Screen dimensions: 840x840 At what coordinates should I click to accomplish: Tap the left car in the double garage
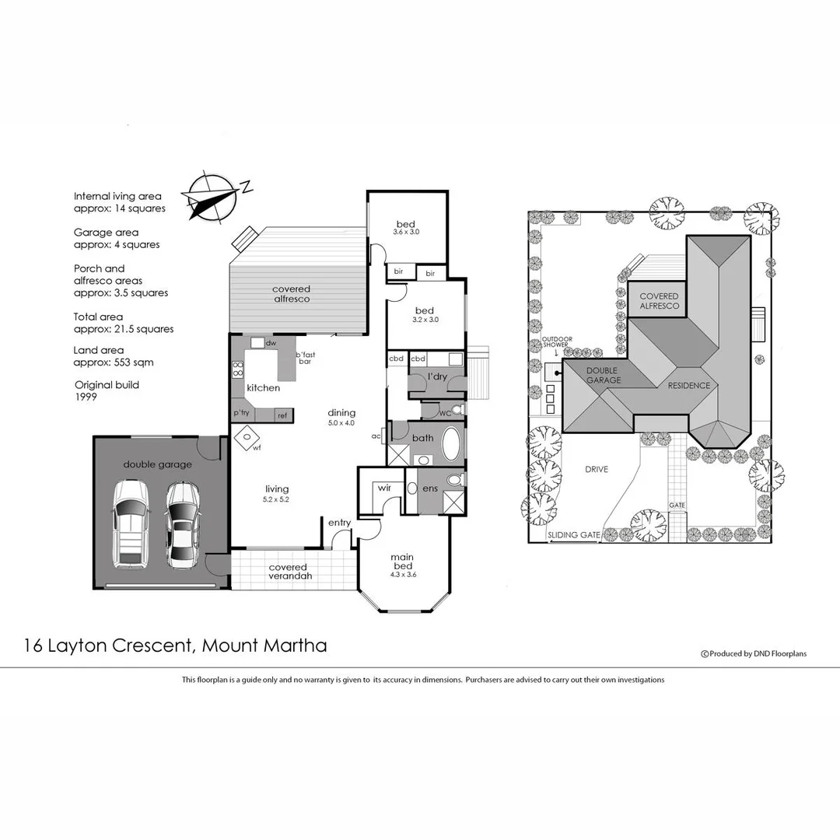pyautogui.click(x=131, y=523)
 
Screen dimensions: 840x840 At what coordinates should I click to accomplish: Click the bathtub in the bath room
pyautogui.click(x=452, y=446)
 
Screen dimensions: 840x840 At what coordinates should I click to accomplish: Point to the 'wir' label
pyautogui.click(x=383, y=488)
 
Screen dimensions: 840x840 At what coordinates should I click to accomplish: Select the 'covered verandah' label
pyautogui.click(x=288, y=572)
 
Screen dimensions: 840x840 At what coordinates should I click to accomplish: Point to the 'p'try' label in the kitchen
pyautogui.click(x=241, y=413)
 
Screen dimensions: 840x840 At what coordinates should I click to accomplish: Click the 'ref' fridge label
pyautogui.click(x=282, y=416)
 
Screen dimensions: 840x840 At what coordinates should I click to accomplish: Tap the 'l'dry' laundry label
pyautogui.click(x=436, y=377)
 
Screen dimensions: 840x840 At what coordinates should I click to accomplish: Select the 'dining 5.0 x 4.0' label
pyautogui.click(x=341, y=418)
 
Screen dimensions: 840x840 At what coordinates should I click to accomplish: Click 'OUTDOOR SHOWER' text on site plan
pyautogui.click(x=556, y=341)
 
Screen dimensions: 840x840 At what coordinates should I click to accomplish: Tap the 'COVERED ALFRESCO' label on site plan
pyautogui.click(x=659, y=301)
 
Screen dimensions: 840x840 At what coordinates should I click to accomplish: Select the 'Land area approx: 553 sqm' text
pyautogui.click(x=114, y=356)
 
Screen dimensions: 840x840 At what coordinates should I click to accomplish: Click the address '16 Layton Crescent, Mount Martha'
pyautogui.click(x=175, y=645)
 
